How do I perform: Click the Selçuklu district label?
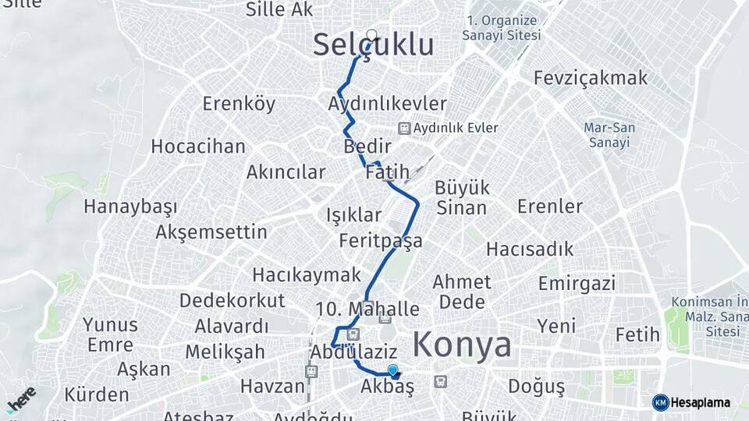click(x=373, y=45)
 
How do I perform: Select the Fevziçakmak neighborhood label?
click(x=591, y=78)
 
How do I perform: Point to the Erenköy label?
click(x=239, y=104)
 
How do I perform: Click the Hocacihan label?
click(x=197, y=147)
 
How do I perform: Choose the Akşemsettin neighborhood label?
click(x=211, y=232)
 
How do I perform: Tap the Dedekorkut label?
click(x=233, y=301)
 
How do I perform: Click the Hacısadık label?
click(x=529, y=249)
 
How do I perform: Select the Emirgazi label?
click(x=577, y=283)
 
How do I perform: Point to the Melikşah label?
click(x=225, y=352)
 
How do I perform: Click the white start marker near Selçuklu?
click(x=372, y=35)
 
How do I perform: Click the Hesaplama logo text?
click(x=699, y=402)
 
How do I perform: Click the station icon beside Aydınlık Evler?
click(x=403, y=128)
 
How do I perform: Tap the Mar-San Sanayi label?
click(x=609, y=135)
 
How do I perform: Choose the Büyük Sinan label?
click(x=462, y=198)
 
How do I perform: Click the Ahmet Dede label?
click(x=462, y=292)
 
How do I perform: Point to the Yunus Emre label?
click(x=110, y=334)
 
